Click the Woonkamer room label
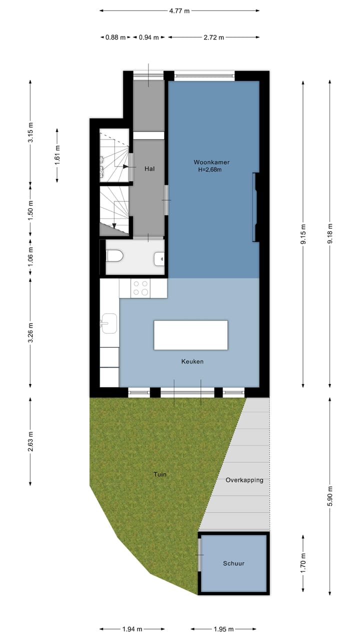[211, 162]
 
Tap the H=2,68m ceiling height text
[209, 170]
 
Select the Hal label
[149, 169]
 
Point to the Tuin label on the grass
[160, 474]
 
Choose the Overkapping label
[244, 480]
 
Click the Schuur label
[233, 563]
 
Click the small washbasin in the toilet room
[160, 259]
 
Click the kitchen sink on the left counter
[108, 323]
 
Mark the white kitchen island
[190, 335]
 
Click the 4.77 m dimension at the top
[179, 10]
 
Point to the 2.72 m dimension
[213, 37]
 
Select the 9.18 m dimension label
[329, 233]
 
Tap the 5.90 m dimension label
[329, 496]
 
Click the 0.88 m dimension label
[115, 37]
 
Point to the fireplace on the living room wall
[256, 207]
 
